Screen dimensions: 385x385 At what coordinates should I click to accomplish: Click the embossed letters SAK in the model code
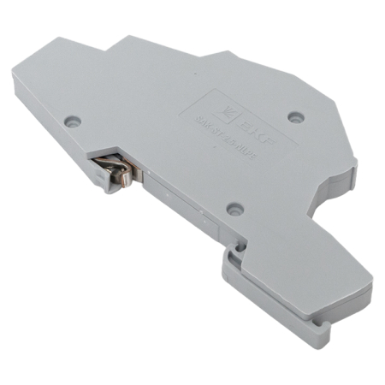click(202, 121)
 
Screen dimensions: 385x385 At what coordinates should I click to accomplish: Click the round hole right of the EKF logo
click(296, 115)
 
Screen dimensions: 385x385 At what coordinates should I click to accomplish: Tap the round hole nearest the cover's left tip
click(74, 123)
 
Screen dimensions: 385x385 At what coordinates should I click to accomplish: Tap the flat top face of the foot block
click(282, 265)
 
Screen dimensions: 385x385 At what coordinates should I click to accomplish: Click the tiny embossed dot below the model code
click(214, 147)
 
